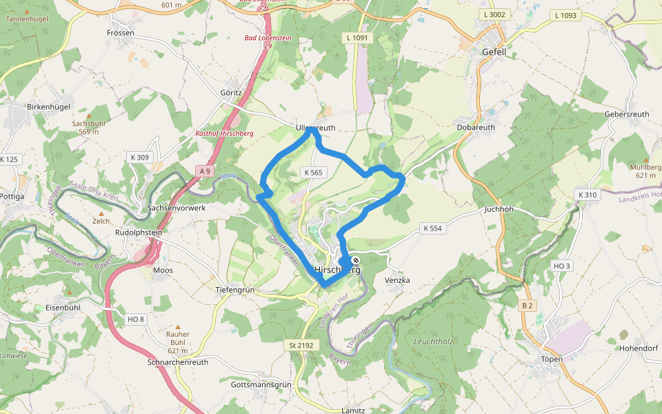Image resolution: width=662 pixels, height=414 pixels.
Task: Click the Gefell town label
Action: [x=494, y=52]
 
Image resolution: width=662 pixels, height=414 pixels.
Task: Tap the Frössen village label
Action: [x=120, y=32]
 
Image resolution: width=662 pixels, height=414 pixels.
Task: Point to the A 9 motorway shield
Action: [x=203, y=170]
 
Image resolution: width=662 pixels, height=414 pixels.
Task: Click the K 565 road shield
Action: [x=312, y=172]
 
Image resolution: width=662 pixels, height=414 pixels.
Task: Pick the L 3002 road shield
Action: [x=494, y=14]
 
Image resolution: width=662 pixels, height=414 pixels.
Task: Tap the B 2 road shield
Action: [x=528, y=305]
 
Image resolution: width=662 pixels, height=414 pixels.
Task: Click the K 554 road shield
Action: [x=432, y=228]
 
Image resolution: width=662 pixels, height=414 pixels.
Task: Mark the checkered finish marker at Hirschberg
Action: [x=356, y=261]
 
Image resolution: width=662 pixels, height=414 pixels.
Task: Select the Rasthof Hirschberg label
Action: [x=225, y=133]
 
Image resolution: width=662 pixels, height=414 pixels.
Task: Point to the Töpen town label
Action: [x=552, y=359]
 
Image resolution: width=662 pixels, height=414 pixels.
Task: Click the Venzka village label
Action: [x=398, y=280]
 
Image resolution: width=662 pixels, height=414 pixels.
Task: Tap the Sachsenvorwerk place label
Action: [x=177, y=208]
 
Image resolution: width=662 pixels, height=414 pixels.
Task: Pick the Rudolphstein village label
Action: [x=138, y=233]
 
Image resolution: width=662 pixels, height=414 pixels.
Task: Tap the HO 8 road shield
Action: [x=136, y=319]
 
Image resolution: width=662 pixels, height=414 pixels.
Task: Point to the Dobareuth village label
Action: [x=476, y=128]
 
